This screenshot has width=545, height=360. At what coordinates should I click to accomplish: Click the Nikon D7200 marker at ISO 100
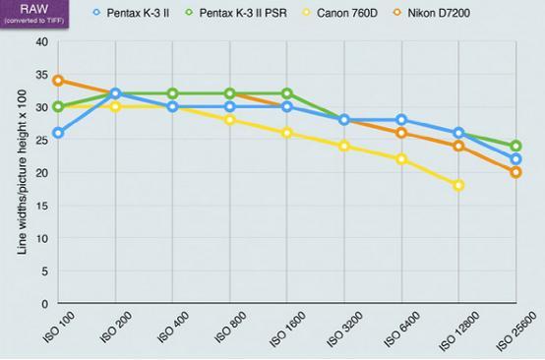pyautogui.click(x=58, y=81)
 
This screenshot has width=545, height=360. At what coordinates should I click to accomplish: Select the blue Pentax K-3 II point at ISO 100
pyautogui.click(x=58, y=133)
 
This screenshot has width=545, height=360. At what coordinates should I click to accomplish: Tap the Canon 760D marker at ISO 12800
pyautogui.click(x=458, y=185)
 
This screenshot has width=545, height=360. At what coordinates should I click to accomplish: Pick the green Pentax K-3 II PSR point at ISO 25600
pyautogui.click(x=516, y=146)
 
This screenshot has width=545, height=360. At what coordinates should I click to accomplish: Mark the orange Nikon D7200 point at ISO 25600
pyautogui.click(x=516, y=172)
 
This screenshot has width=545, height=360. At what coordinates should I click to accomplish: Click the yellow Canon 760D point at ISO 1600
pyautogui.click(x=287, y=133)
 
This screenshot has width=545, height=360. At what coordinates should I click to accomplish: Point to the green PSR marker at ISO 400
pyautogui.click(x=173, y=93)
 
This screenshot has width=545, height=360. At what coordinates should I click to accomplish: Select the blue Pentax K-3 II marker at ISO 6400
pyautogui.click(x=401, y=120)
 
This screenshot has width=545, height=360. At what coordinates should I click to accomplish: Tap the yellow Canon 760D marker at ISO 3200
pyautogui.click(x=344, y=146)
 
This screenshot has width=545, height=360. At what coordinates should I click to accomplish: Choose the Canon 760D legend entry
pyautogui.click(x=340, y=13)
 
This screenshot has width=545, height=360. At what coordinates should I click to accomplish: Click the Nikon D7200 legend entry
pyautogui.click(x=432, y=13)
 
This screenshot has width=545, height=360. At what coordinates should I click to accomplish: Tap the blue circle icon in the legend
pyautogui.click(x=96, y=13)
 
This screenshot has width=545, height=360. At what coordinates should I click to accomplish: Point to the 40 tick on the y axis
pyautogui.click(x=42, y=41)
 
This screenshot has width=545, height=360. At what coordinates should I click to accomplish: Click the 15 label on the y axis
pyautogui.click(x=42, y=206)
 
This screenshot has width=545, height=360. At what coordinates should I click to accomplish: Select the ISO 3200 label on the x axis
pyautogui.click(x=345, y=329)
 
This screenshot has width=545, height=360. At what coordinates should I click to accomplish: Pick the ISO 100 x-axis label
pyautogui.click(x=59, y=327)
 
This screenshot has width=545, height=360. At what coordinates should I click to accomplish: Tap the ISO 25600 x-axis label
pyautogui.click(x=515, y=330)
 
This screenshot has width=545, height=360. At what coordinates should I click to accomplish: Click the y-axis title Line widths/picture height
pyautogui.click(x=22, y=172)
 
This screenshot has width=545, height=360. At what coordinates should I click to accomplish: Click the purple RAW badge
pyautogui.click(x=34, y=13)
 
